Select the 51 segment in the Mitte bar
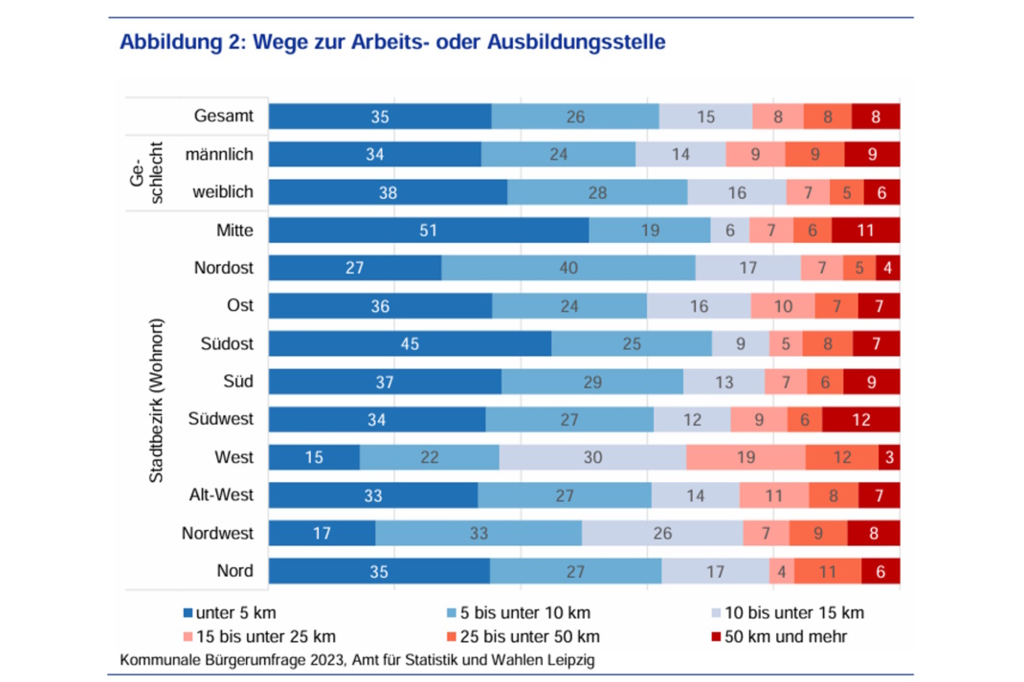tap(429, 231)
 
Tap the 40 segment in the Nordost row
tap(568, 268)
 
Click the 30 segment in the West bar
tap(592, 457)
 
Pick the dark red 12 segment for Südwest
tap(861, 420)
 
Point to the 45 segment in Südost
tap(410, 343)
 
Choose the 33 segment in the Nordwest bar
tap(479, 533)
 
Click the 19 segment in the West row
tap(746, 457)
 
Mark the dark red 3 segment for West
tap(889, 457)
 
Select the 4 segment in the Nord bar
tap(781, 571)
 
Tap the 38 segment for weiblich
tap(388, 192)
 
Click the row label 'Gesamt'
tap(223, 117)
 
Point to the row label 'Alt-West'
tap(221, 495)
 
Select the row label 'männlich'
tap(220, 154)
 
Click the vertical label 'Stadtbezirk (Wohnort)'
tap(157, 400)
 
